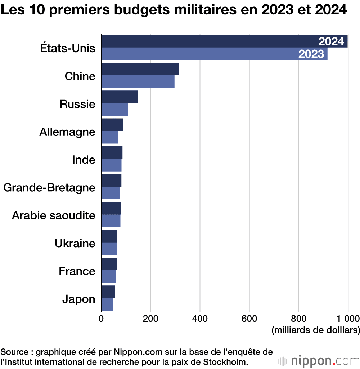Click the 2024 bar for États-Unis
pyautogui.click(x=224, y=41)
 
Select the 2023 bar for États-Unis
pyautogui.click(x=214, y=54)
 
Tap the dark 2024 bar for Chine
pyautogui.click(x=140, y=69)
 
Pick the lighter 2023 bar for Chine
pyautogui.click(x=138, y=81)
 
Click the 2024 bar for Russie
pyautogui.click(x=120, y=97)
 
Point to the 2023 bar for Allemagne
pyautogui.click(x=109, y=137)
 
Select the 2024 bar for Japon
pyautogui.click(x=108, y=292)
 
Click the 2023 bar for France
pyautogui.click(x=109, y=276)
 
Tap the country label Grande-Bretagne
pyautogui.click(x=49, y=188)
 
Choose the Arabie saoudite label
pyautogui.click(x=54, y=215)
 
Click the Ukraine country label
pyautogui.click(x=75, y=243)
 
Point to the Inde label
pyautogui.click(x=84, y=160)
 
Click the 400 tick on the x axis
pyautogui.click(x=200, y=319)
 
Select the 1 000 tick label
pyautogui.click(x=348, y=319)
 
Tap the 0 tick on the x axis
pyautogui.click(x=101, y=319)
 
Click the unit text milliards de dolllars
pyautogui.click(x=316, y=330)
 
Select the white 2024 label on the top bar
pyautogui.click(x=331, y=41)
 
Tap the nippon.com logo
pyautogui.click(x=319, y=361)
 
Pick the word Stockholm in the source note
pyautogui.click(x=225, y=362)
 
